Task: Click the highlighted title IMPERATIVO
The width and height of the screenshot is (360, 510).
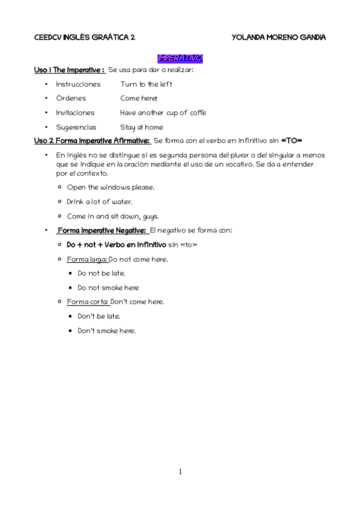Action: [x=180, y=58]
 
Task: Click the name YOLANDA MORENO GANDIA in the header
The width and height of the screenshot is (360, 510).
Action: [x=278, y=37]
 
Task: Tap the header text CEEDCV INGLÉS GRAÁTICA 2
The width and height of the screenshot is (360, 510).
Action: [x=84, y=37]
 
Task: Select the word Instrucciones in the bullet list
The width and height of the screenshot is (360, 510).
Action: [x=78, y=84]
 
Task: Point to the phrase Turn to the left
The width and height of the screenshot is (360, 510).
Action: [x=146, y=84]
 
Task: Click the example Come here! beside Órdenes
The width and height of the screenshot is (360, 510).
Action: [x=138, y=99]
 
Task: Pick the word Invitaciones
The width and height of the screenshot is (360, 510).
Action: [x=75, y=113]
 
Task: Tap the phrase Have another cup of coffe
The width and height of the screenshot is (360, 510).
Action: [x=163, y=113]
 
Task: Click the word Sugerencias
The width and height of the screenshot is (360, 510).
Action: [x=76, y=127]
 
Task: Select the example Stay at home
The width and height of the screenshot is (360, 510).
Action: [x=141, y=127]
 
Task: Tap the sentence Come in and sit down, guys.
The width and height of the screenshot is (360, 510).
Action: [x=113, y=216]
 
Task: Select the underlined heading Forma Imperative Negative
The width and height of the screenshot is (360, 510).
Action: [x=101, y=230]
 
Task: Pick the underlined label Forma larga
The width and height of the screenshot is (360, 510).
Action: [x=87, y=259]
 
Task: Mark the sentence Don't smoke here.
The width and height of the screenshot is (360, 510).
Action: [x=106, y=331]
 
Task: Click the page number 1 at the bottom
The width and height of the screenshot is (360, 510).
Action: [x=180, y=472]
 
